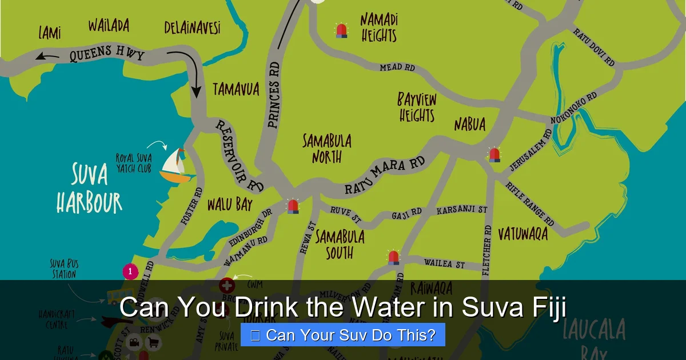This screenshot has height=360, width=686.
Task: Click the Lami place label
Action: tap(50, 32)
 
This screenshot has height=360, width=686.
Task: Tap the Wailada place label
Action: tap(109, 26)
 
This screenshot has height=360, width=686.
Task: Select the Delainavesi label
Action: tap(192, 27)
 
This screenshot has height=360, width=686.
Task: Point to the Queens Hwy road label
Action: tap(107, 54)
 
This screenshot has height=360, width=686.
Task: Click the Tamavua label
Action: tap(236, 89)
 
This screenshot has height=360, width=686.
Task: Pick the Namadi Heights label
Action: tap(379, 28)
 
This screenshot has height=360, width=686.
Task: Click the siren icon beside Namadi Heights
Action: tap(341, 30)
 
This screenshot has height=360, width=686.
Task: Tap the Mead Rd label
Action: tap(397, 67)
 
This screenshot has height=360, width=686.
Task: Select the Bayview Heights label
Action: tap(417, 107)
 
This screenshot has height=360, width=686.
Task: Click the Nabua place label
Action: tap(470, 125)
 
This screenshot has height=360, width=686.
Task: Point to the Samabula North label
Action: tap(327, 149)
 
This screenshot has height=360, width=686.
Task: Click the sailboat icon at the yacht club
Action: tap(177, 166)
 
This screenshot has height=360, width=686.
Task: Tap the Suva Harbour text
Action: tap(89, 188)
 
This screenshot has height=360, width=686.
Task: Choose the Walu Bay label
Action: tap(230, 205)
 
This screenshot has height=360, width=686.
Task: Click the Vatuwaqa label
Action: tap(523, 234)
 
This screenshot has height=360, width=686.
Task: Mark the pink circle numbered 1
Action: tap(130, 271)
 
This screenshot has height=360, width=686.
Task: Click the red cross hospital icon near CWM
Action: tap(227, 284)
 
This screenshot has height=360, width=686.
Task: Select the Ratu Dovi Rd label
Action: tap(594, 47)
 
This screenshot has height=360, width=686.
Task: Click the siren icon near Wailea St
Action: tap(393, 257)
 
